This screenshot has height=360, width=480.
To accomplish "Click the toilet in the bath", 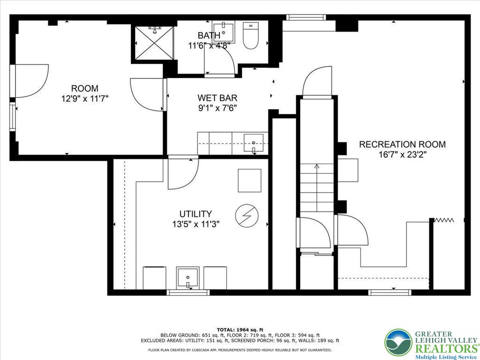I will click(251, 37).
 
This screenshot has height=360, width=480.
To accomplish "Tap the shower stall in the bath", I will click(154, 43).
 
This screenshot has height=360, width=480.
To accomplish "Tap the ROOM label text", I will click(85, 88).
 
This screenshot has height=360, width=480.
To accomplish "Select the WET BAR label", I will click(217, 98).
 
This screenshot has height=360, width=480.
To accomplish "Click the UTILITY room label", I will click(195, 214).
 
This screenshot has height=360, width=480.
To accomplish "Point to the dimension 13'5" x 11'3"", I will click(195, 224).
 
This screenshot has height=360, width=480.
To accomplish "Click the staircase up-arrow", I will click(316, 166).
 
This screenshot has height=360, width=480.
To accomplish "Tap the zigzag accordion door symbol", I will click(442, 219).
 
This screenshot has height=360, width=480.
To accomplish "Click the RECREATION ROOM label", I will click(402, 144).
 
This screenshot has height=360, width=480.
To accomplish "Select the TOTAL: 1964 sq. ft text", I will click(240, 330).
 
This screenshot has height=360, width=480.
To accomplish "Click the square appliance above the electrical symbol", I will click(249, 180).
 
